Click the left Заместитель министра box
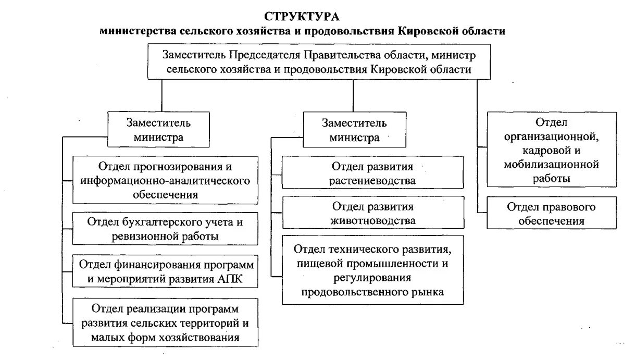(x=158, y=130)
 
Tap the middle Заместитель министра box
(x=354, y=130)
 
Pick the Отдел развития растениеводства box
(x=373, y=173)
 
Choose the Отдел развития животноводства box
(x=373, y=213)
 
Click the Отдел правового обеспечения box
(x=551, y=214)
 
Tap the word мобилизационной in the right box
(x=551, y=165)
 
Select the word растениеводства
(x=373, y=181)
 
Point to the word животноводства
(x=373, y=220)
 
